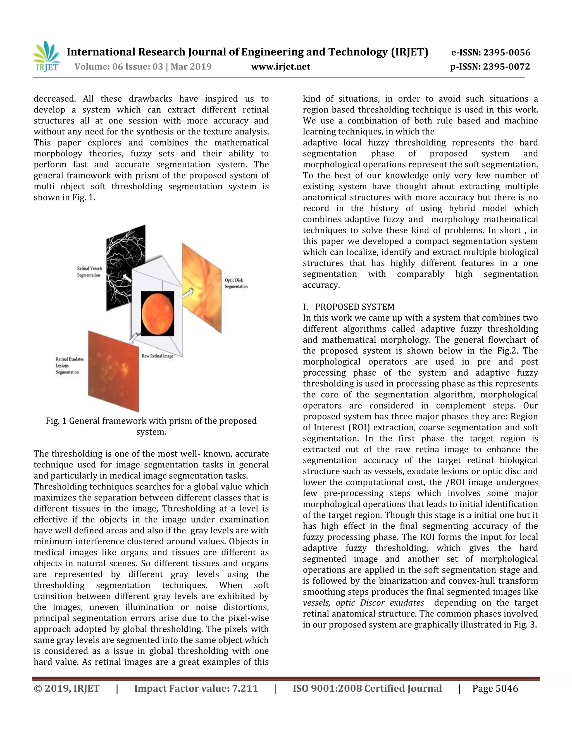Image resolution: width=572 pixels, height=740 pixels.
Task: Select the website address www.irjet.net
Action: (281, 67)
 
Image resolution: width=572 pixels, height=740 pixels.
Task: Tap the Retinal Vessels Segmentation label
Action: (89, 272)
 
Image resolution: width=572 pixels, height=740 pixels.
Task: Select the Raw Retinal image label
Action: (157, 356)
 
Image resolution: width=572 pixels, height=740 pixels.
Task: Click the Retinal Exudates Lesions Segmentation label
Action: (70, 366)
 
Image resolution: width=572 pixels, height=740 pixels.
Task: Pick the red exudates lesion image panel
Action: (113, 371)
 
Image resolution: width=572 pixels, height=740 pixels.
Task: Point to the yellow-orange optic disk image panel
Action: (202, 288)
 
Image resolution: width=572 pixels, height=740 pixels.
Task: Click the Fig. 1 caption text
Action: (151, 426)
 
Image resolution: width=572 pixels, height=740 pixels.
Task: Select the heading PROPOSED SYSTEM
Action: (354, 307)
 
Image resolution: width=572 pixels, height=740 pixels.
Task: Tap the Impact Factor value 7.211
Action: (196, 689)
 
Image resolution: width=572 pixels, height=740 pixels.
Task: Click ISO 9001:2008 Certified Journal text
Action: (367, 689)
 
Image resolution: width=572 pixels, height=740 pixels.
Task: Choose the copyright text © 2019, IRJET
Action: (67, 689)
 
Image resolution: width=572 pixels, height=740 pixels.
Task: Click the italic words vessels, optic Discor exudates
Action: (363, 603)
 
